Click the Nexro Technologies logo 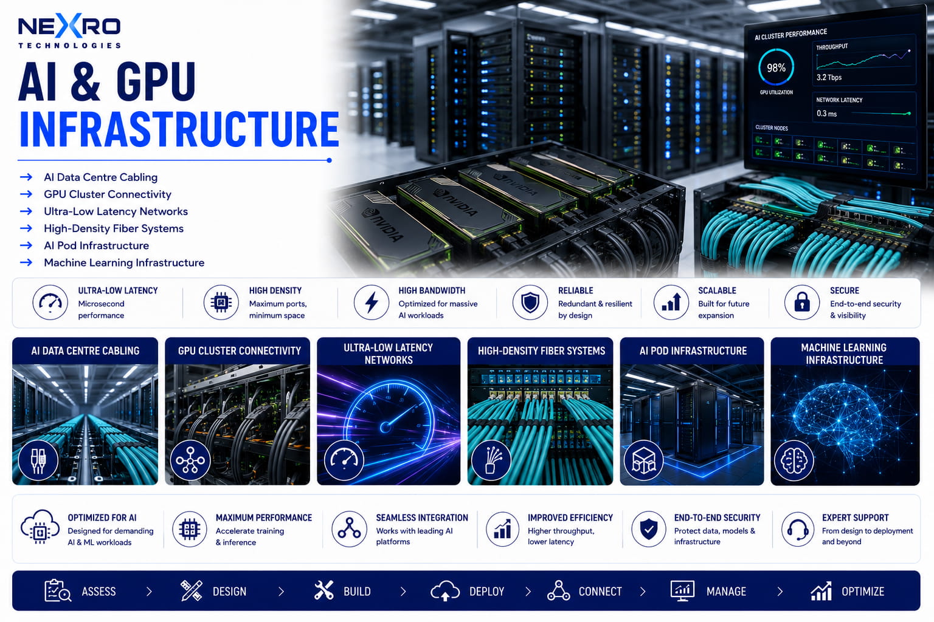point(69,30)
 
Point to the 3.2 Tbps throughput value point(829,78)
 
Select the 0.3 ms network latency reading point(826,114)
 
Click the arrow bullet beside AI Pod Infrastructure point(26,245)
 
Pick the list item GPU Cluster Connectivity point(108,194)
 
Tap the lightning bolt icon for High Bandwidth point(371,302)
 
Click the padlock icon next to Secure point(802,302)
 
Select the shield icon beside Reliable point(530,302)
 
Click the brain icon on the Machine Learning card point(794,460)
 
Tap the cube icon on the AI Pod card point(643,460)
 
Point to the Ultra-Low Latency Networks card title point(388,354)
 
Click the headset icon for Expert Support point(798,529)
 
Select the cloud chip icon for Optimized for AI point(40,527)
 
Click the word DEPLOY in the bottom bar point(486,592)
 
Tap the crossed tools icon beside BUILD point(323,590)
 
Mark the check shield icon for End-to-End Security point(648,529)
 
